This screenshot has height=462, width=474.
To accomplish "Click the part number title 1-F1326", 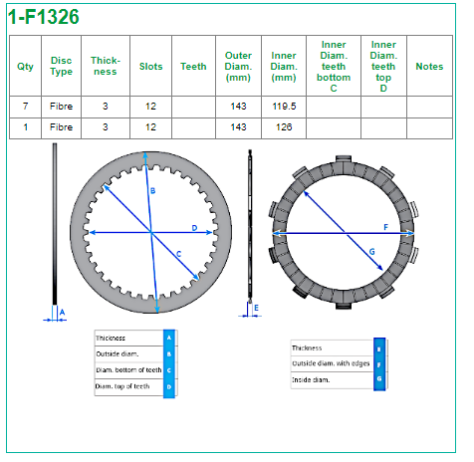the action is [44, 17].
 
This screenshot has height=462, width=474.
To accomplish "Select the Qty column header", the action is [25, 67].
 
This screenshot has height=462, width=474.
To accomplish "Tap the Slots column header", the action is [151, 67].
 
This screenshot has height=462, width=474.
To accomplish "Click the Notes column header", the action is [429, 67].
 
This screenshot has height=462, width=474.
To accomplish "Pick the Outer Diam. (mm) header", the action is [238, 67].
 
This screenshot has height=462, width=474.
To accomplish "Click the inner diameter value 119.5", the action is [284, 107].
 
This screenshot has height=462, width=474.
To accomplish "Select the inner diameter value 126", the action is [284, 127].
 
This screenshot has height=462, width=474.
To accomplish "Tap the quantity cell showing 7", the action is [25, 107].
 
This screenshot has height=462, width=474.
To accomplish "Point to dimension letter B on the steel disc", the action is [152, 191].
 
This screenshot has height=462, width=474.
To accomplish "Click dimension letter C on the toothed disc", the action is [179, 254].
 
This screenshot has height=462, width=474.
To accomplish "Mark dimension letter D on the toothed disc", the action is [194, 228].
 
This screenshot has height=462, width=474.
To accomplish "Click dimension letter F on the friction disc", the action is [385, 227].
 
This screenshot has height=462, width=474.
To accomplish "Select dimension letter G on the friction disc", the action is [372, 252].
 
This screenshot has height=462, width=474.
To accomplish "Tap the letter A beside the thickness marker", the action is [62, 313].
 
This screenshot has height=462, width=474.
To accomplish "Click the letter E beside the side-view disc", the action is [256, 308].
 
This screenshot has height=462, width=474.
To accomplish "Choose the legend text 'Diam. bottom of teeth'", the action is [128, 370].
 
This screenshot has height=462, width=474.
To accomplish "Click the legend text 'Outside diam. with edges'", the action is [331, 363].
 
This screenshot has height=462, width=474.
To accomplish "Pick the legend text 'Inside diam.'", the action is [311, 380].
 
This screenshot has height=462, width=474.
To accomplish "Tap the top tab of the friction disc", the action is [344, 159].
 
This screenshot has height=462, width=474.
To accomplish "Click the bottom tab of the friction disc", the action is [344, 306].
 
